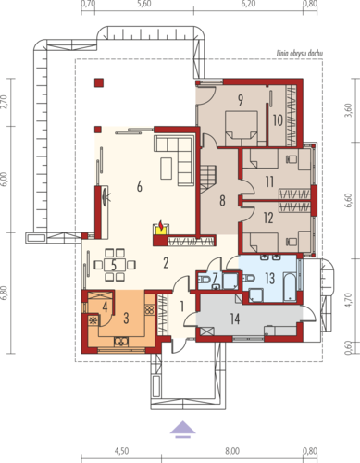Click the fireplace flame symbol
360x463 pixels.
click(161, 223)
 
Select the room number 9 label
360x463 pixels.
click(241, 100)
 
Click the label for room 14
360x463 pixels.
click(235, 319)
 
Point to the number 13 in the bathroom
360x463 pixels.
click(270, 279)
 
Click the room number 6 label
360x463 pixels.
click(140, 187)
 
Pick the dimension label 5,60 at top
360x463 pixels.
click(144, 4)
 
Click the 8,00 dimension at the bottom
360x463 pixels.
click(232, 451)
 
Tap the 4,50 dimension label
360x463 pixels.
click(121, 451)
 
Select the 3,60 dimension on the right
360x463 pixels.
click(348, 110)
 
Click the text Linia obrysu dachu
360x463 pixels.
click(300, 54)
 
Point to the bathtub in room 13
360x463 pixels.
click(290, 286)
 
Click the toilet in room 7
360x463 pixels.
click(205, 280)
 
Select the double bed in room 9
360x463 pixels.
click(242, 129)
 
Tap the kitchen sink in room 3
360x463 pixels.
click(121, 342)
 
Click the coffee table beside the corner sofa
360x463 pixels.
click(167, 169)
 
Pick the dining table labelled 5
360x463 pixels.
click(115, 265)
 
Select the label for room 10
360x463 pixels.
click(278, 120)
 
